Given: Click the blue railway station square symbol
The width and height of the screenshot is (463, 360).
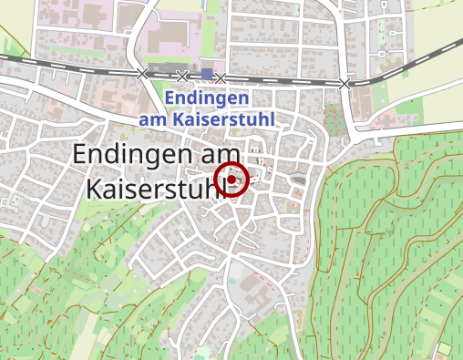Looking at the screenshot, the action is click(x=208, y=74).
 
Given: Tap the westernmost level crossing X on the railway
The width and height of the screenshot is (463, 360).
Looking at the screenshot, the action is click(x=141, y=73).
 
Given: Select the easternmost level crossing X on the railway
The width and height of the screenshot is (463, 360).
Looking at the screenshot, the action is click(x=345, y=84).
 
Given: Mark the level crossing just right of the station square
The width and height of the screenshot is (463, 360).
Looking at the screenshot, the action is click(x=221, y=78).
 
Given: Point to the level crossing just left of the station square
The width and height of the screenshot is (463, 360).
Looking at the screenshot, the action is click(x=182, y=76).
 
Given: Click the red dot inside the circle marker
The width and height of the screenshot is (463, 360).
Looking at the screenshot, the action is click(x=231, y=180).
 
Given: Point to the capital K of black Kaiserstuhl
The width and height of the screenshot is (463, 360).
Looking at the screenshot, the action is click(x=95, y=188).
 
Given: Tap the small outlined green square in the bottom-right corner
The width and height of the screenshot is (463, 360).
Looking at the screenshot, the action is click(x=445, y=349).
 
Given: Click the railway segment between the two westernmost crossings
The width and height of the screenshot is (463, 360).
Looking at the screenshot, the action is click(x=162, y=74).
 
